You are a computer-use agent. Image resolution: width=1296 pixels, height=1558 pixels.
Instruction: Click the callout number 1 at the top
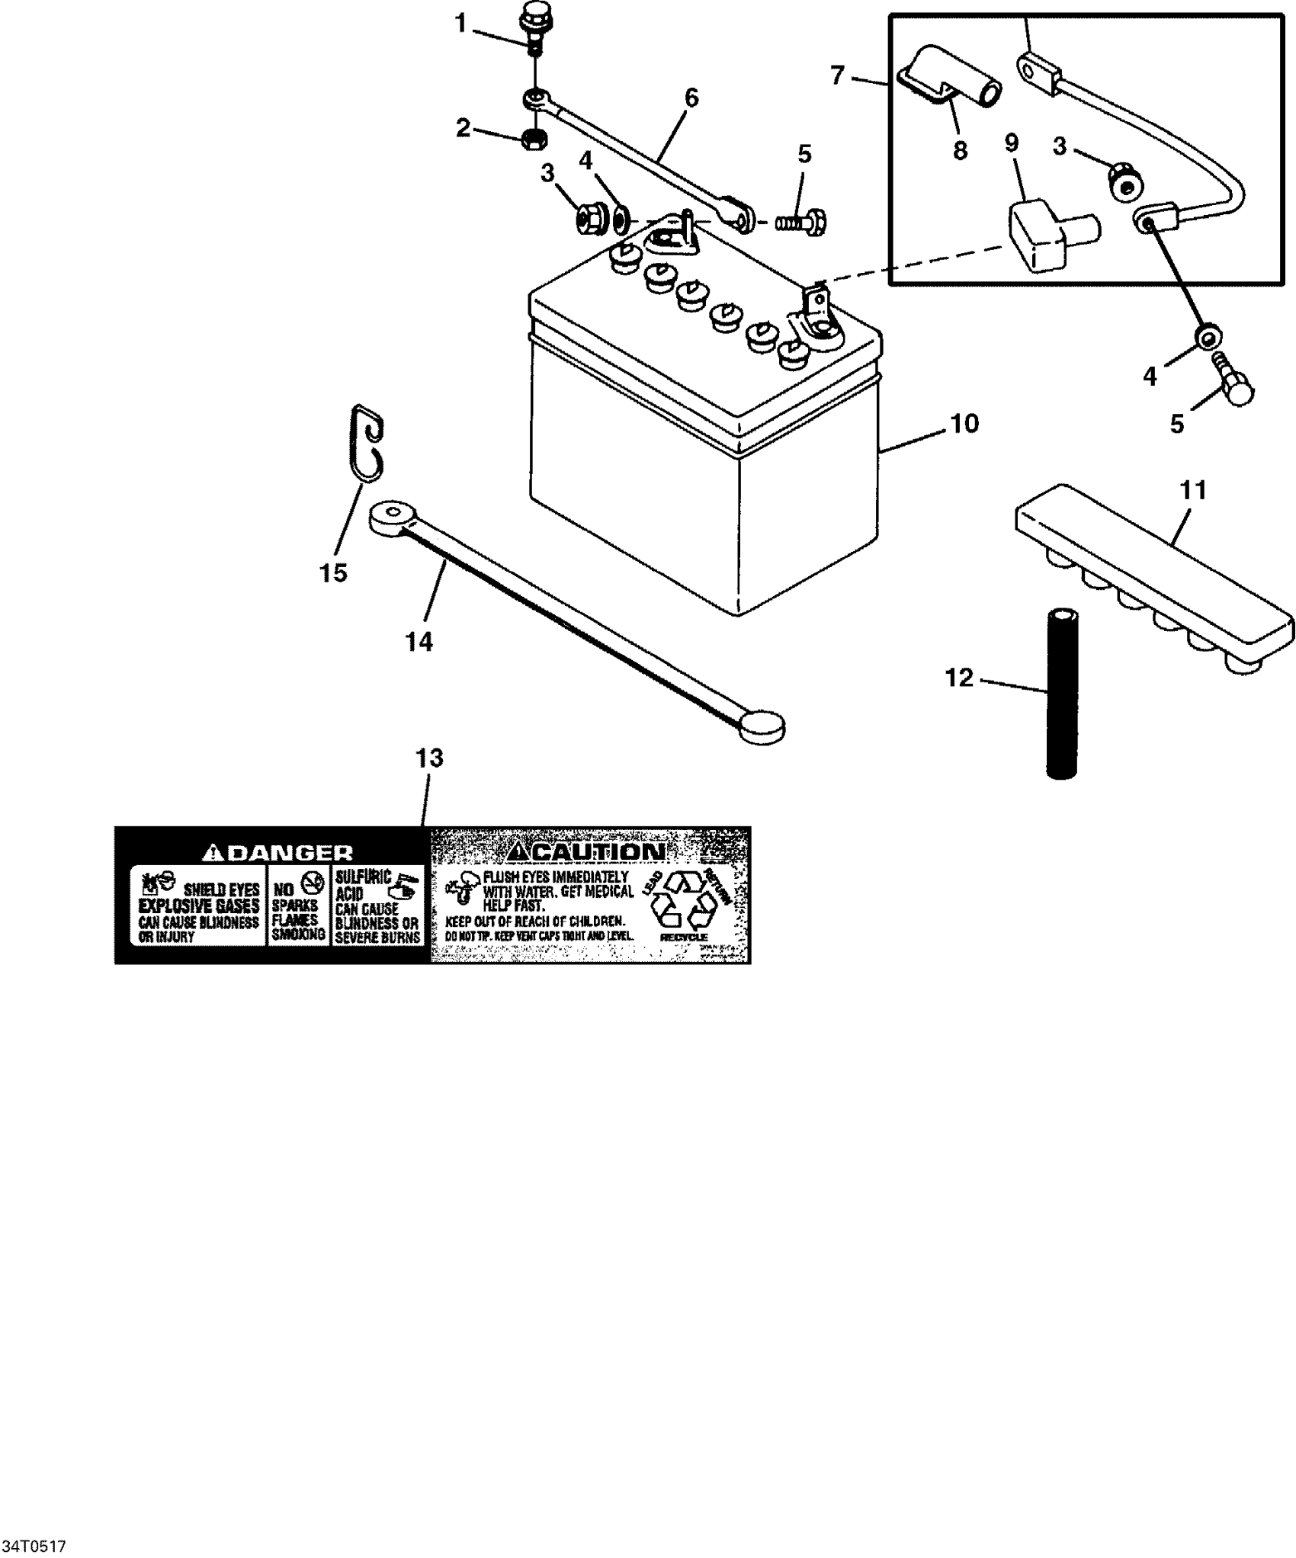460,24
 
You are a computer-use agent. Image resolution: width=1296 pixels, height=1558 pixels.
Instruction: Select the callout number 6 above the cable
691,98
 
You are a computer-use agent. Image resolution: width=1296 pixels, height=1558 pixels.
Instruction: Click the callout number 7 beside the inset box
838,75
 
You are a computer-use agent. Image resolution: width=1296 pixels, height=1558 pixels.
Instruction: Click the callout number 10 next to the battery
964,424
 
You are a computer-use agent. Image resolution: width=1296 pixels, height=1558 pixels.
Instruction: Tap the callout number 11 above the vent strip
1193,490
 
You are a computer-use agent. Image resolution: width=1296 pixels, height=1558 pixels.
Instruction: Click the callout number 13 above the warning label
429,758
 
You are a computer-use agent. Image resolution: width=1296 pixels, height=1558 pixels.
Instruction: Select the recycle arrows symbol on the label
682,899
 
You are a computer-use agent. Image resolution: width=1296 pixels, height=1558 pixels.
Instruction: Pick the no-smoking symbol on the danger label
310,883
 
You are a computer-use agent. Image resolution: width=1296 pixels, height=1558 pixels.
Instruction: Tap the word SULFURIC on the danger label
363,877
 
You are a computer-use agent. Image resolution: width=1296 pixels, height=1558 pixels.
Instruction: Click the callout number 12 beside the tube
960,677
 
